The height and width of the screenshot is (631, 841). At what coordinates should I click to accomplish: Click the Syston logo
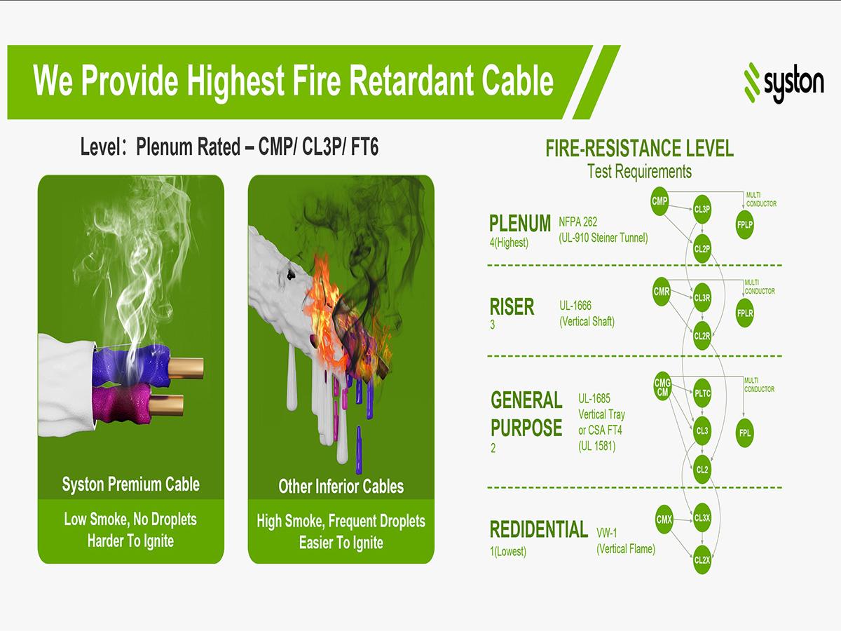pos(784,83)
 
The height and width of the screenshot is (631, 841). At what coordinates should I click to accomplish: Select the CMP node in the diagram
pos(659,202)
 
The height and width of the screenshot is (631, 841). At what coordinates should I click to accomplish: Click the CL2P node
pos(702,248)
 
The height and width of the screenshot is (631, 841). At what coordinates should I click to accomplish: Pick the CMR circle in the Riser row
pos(662,292)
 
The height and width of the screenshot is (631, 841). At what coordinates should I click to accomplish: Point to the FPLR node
pos(745,313)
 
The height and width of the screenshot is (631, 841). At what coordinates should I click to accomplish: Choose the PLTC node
pos(702,393)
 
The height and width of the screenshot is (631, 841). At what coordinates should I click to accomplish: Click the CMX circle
pos(664,520)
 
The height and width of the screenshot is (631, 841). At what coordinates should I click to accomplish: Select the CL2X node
pos(702,560)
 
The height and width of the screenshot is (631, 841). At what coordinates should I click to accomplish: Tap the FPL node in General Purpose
pos(745,433)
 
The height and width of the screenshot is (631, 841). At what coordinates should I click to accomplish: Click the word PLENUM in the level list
pos(520,224)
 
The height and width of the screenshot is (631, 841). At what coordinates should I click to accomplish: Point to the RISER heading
pos(512,307)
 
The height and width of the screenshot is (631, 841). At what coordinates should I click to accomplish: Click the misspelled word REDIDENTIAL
pos(538,529)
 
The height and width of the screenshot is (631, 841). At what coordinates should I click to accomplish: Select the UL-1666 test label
pos(575,306)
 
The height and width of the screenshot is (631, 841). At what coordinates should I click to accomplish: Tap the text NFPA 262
pos(578,222)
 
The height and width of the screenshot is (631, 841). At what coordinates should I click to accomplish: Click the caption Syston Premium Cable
pos(131,484)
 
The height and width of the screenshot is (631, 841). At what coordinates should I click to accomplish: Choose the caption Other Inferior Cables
pos(341,486)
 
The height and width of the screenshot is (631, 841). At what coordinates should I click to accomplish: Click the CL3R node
pos(702,297)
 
